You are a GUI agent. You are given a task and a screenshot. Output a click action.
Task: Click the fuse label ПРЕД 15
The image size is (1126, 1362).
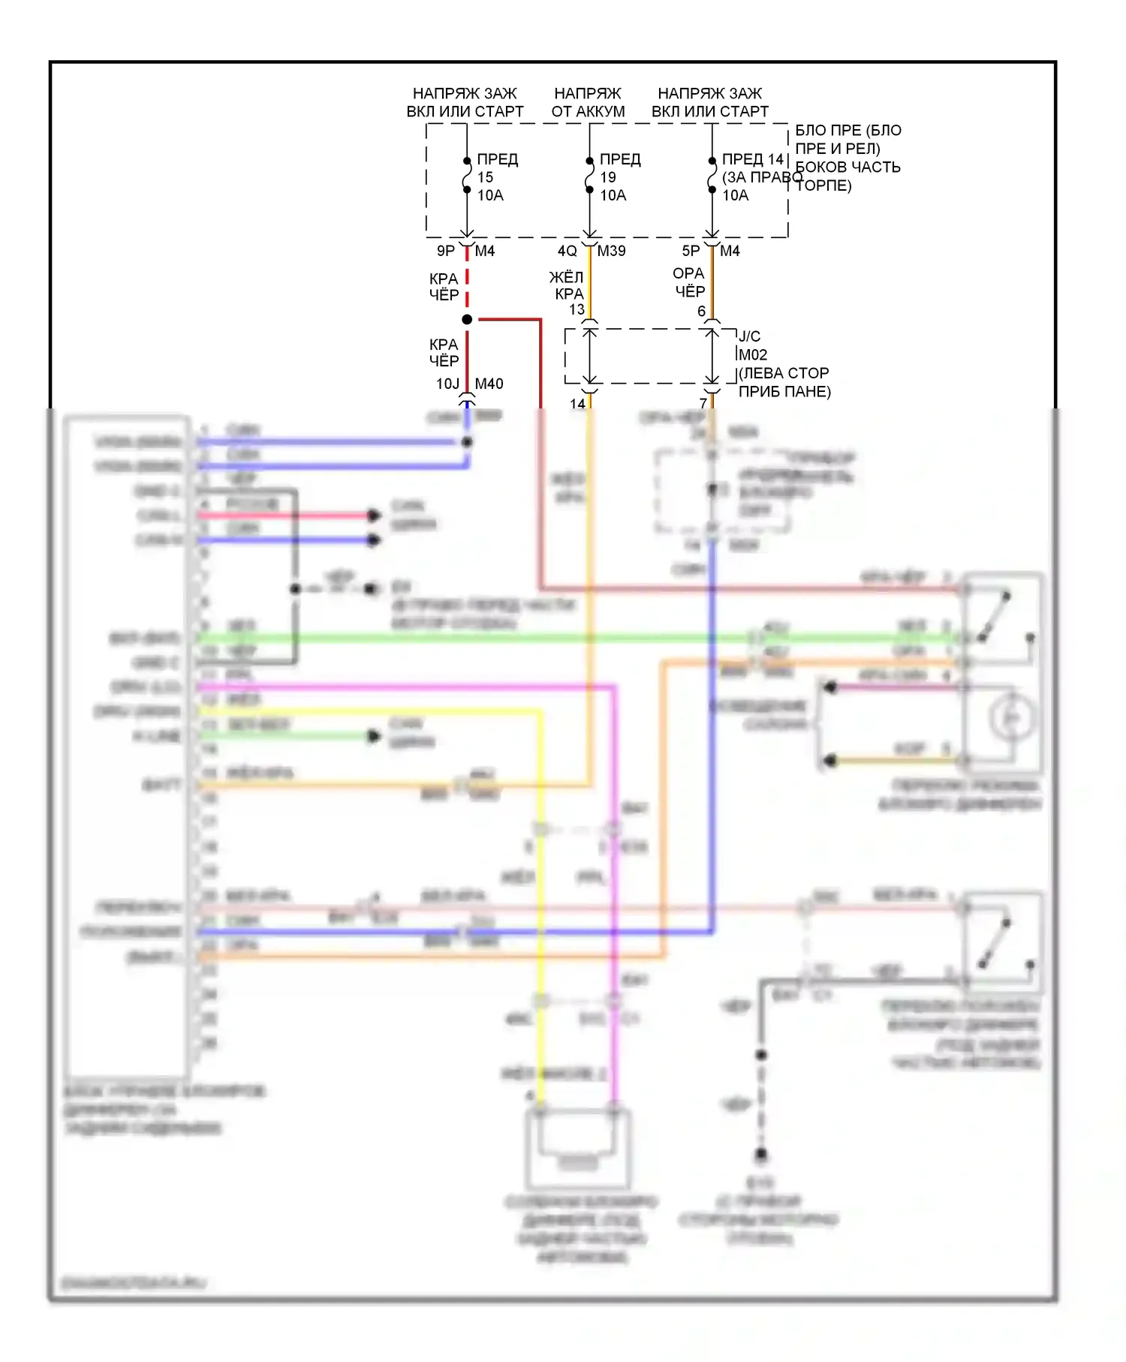pyautogui.click(x=497, y=168)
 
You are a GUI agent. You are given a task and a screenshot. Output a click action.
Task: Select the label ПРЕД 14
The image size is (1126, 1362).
pyautogui.click(x=752, y=159)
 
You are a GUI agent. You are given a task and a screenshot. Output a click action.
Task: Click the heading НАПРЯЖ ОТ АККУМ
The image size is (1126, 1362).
pyautogui.click(x=588, y=102)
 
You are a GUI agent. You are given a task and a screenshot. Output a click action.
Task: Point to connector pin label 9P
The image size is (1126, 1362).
pyautogui.click(x=446, y=251)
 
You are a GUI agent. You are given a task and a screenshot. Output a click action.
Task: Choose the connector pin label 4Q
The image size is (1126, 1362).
pyautogui.click(x=568, y=251)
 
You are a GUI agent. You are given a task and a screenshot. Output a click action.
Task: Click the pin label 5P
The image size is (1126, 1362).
pyautogui.click(x=691, y=251)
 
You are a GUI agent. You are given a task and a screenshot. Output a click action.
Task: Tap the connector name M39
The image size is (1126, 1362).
pyautogui.click(x=611, y=251)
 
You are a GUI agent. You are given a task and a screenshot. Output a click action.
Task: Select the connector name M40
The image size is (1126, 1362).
pyautogui.click(x=489, y=384)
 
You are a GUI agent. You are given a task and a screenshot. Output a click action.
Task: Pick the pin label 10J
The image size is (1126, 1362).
pyautogui.click(x=447, y=384)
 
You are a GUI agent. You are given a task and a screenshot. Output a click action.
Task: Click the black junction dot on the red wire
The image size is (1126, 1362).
pyautogui.click(x=467, y=320)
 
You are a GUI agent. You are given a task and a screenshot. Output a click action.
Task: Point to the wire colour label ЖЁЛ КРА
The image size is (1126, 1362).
pyautogui.click(x=567, y=285)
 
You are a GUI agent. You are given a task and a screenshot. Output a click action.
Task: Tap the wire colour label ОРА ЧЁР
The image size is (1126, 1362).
pyautogui.click(x=689, y=282)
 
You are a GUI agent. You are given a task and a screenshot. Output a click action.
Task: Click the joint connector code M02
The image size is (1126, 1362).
pyautogui.click(x=753, y=354)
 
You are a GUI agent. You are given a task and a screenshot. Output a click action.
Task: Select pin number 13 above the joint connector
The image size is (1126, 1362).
pyautogui.click(x=577, y=309)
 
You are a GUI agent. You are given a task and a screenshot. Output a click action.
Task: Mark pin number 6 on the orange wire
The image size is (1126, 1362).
pyautogui.click(x=701, y=311)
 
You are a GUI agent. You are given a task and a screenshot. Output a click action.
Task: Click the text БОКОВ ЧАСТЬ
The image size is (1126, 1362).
pyautogui.click(x=848, y=167)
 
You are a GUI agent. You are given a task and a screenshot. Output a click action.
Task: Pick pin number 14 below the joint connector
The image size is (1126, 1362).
pyautogui.click(x=577, y=403)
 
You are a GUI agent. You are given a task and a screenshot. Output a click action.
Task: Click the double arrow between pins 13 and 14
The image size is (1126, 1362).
pyautogui.click(x=590, y=356)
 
